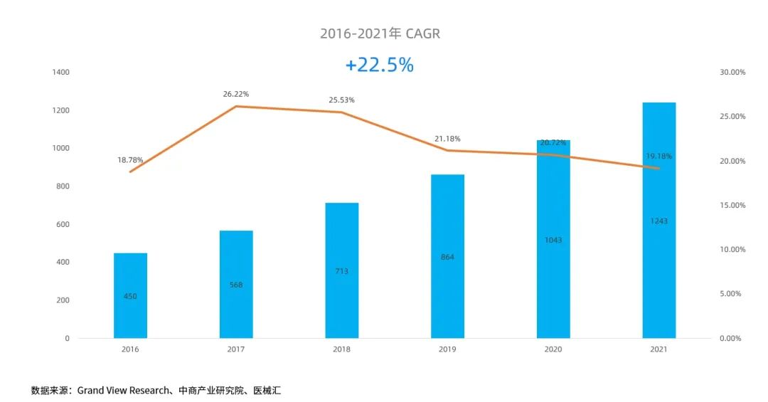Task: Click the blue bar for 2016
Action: tap(130, 295)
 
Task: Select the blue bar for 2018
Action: tap(342, 270)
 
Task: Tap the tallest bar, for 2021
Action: tap(659, 221)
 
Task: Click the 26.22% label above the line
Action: tap(236, 94)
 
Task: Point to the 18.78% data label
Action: tap(130, 160)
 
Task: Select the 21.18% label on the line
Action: tap(447, 139)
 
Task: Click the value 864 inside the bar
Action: tap(447, 257)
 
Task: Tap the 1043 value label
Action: tap(553, 240)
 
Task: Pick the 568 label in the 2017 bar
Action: tap(236, 285)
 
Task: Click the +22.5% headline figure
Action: tap(379, 65)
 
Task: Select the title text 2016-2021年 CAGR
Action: tap(380, 33)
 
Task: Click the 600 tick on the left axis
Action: tap(63, 224)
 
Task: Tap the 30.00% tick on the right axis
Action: tap(732, 73)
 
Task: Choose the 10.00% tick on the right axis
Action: tap(732, 250)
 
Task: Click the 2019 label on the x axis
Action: tap(447, 349)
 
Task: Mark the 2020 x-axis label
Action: tap(553, 349)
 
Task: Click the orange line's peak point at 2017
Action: tap(236, 106)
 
